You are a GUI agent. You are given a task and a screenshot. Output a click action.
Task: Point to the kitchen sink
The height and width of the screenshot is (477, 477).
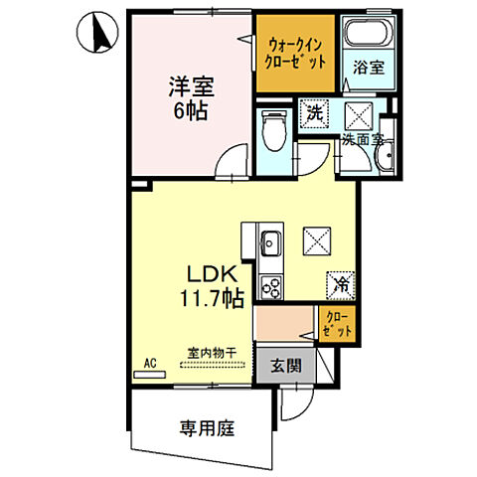(270, 242)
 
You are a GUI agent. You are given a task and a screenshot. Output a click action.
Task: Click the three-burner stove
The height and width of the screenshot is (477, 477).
(270, 285)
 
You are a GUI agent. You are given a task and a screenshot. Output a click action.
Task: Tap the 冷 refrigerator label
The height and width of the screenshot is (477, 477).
(339, 283)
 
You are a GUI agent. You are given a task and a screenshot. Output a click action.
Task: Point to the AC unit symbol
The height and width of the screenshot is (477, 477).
(152, 375)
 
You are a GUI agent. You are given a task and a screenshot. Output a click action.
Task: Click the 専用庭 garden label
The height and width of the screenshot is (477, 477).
(206, 428)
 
